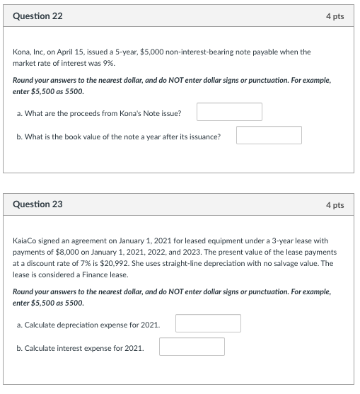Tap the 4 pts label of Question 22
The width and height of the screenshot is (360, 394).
[x=335, y=16]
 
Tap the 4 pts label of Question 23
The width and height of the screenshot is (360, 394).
[x=335, y=204]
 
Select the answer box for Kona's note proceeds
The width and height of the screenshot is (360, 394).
[x=229, y=112]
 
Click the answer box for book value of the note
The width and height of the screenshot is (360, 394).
[x=269, y=135]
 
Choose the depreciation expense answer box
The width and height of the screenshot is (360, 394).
[x=208, y=323]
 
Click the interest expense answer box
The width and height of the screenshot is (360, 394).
[x=192, y=347]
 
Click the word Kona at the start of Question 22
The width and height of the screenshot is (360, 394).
[x=23, y=52]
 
